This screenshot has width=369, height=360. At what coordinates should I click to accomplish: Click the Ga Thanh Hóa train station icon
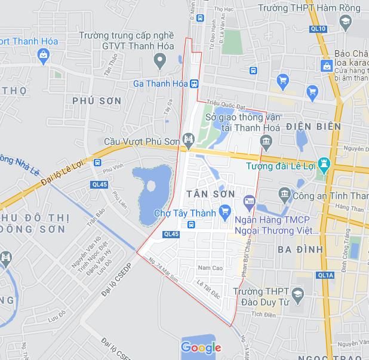(195, 84)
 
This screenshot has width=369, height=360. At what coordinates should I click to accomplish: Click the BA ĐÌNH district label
(300, 249)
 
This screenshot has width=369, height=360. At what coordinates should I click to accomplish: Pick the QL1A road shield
(325, 275)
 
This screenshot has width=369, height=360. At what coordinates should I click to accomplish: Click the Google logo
(201, 347)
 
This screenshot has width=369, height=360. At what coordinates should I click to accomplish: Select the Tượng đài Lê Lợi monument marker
(324, 164)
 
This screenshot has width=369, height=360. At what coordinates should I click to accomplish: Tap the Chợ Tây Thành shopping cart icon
(225, 211)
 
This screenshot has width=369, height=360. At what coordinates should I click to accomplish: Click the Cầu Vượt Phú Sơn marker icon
(189, 141)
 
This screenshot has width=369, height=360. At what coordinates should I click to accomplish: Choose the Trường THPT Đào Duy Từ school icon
(297, 293)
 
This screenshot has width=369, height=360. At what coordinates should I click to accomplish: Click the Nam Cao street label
(210, 268)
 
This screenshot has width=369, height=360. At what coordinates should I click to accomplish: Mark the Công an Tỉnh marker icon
(284, 194)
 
